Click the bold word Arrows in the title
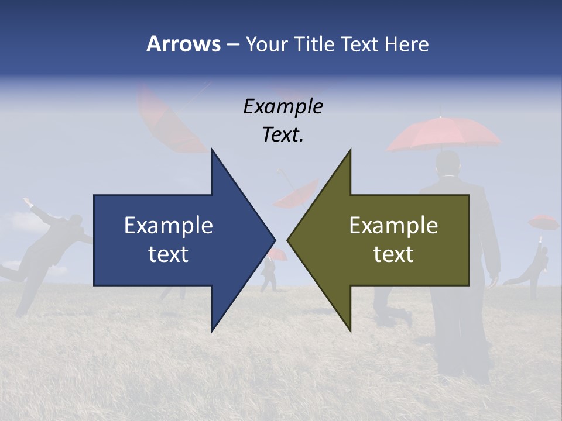click(183, 44)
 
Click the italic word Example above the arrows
click(283, 106)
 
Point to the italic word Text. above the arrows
click(283, 134)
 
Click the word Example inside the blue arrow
click(169, 225)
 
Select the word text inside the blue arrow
click(169, 254)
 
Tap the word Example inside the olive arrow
click(393, 225)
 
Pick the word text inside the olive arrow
click(393, 254)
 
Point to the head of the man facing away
click(448, 164)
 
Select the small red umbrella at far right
click(543, 222)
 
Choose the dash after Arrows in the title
click(232, 44)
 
